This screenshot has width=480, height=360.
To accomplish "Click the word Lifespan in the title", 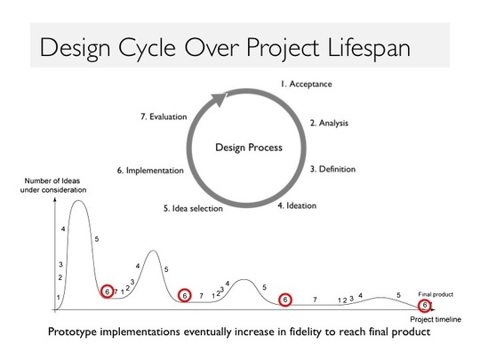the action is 369,48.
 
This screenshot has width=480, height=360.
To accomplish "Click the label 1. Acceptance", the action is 306,84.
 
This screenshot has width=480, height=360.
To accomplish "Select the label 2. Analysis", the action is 329,123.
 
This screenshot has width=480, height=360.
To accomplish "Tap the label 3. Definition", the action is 332,169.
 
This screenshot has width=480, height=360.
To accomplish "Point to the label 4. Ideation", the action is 297,205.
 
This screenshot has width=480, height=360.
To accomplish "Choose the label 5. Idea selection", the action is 193,209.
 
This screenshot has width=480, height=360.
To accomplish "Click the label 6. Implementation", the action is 150,171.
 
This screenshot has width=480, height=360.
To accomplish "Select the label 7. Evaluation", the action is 164,116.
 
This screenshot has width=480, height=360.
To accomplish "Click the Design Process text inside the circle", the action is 249,148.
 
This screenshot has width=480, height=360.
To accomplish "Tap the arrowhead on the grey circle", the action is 219,100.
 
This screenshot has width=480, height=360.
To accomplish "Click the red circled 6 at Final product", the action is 425,305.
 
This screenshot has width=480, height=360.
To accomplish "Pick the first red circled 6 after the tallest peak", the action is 108,292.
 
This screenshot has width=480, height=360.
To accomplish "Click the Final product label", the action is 436,294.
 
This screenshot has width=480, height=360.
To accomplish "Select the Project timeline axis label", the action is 436,319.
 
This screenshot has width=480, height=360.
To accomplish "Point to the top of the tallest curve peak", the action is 78,201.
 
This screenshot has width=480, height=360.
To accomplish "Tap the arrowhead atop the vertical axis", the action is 55,200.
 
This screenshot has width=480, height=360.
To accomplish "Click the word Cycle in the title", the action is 148,48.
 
